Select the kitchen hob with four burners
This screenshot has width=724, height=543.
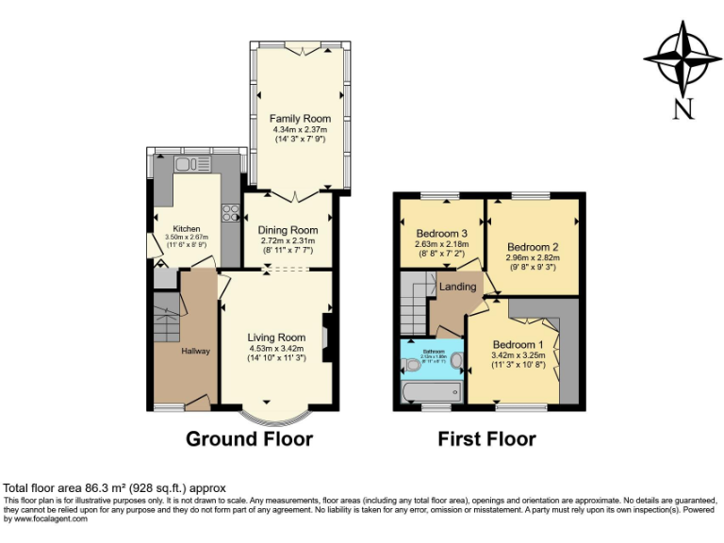(x=229, y=212)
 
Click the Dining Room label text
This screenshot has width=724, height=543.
(x=289, y=230)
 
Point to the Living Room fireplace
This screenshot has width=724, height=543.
(x=326, y=337)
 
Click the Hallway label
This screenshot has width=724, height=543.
(x=196, y=351)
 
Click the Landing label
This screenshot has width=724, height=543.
(x=457, y=287)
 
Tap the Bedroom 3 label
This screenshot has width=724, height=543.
(x=441, y=233)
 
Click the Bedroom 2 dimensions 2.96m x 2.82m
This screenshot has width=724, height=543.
(x=533, y=256)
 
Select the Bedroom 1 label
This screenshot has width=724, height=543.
(x=518, y=344)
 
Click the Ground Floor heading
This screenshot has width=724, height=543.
(x=249, y=438)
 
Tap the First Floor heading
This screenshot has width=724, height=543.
(x=486, y=438)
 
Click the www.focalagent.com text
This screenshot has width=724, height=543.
(x=43, y=518)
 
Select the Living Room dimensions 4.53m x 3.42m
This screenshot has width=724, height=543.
(x=277, y=348)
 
